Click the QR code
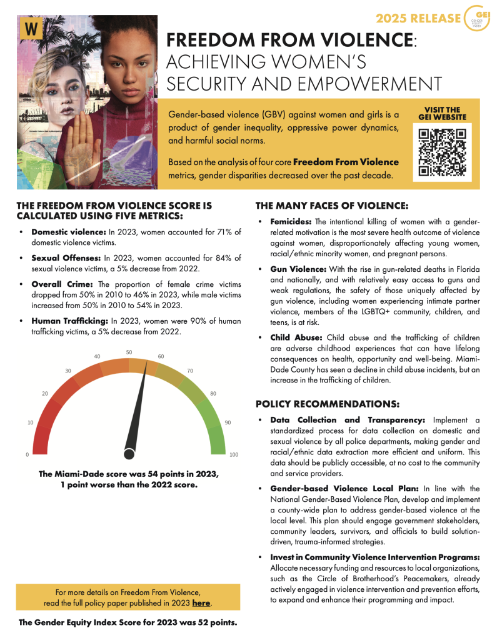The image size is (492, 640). [442, 152]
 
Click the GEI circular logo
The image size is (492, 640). [478, 19]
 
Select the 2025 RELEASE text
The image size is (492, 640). [427, 17]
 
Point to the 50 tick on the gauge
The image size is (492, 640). [129, 352]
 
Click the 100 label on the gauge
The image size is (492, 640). [234, 454]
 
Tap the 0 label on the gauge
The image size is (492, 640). [27, 454]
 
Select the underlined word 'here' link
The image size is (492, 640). [201, 603]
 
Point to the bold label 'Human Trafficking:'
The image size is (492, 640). [70, 321]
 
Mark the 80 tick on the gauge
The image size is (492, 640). [213, 393]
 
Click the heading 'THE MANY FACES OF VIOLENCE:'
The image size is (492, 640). [331, 206]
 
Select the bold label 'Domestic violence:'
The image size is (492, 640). [69, 231]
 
